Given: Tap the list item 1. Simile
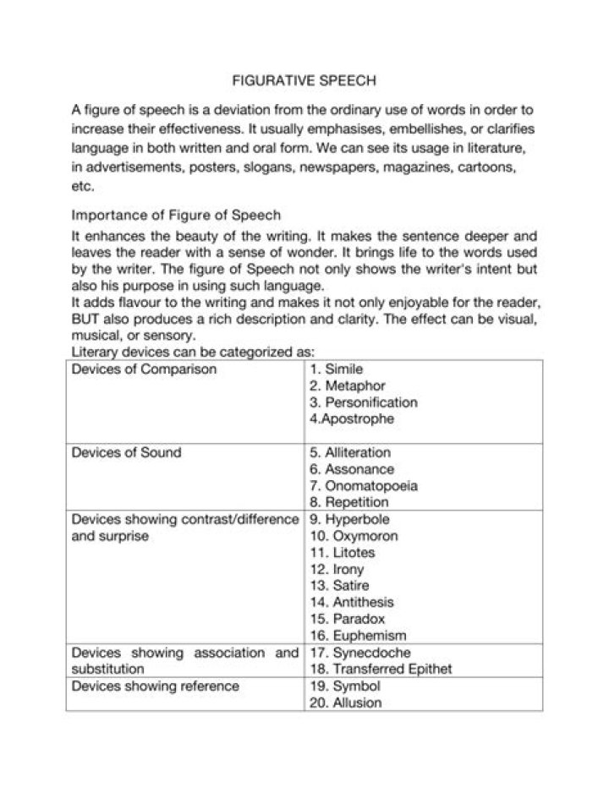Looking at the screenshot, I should [337, 369].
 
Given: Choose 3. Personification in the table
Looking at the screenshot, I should [364, 402].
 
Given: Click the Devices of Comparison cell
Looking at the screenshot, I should [145, 369].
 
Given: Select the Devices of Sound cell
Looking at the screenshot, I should [127, 452].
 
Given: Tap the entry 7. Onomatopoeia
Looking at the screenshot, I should [364, 486].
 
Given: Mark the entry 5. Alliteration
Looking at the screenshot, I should [350, 452].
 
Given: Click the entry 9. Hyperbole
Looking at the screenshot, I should [349, 519].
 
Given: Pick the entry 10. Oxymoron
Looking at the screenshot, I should [354, 536].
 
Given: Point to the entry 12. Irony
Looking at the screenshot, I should [337, 569].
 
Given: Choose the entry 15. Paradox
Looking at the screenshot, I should [348, 619].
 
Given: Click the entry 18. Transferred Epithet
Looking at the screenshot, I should [381, 669].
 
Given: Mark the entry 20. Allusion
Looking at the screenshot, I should [346, 702].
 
